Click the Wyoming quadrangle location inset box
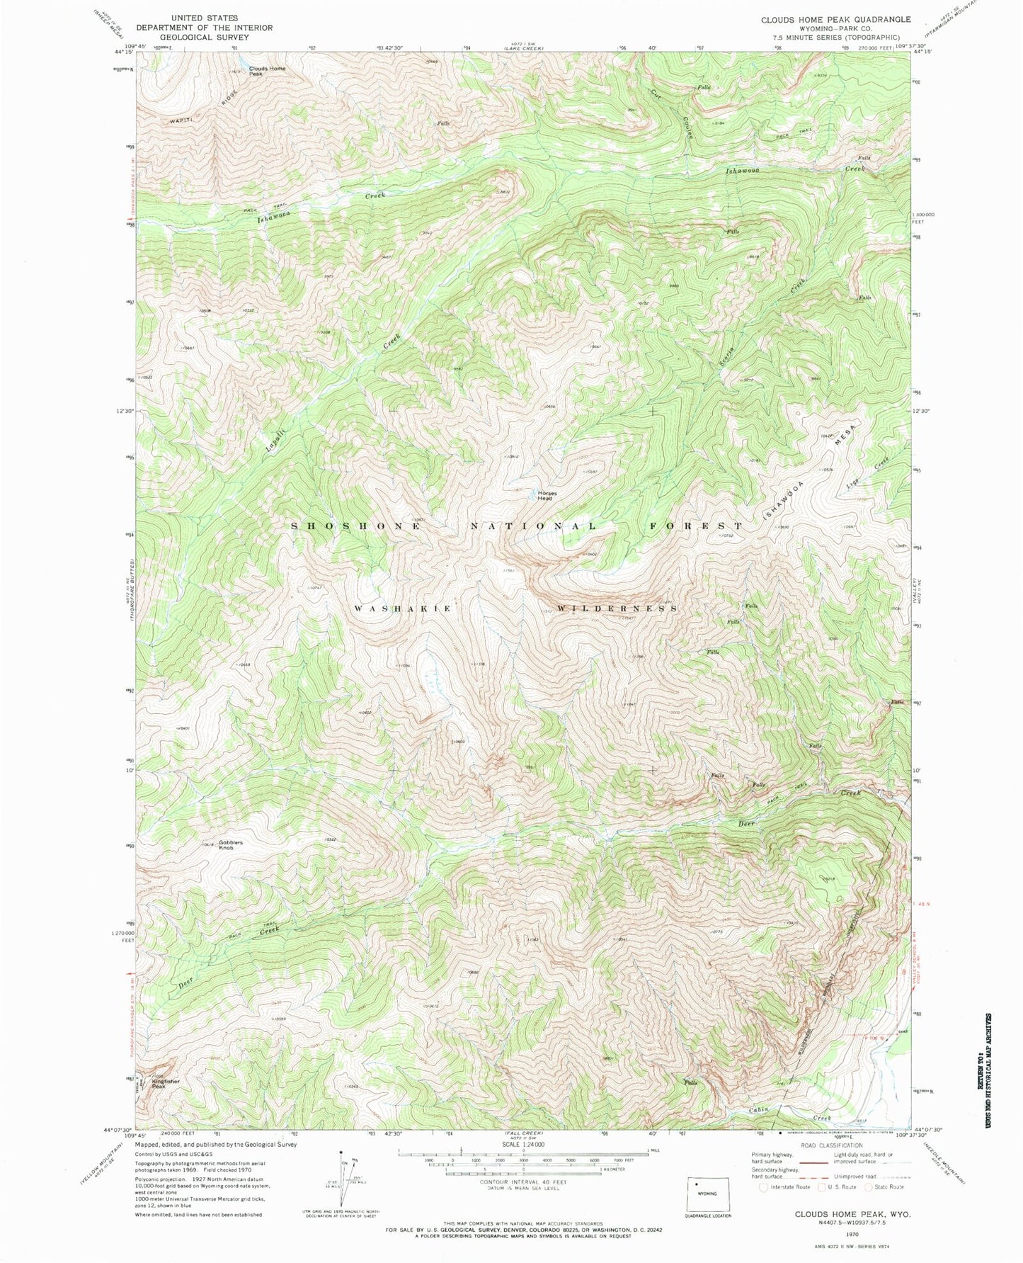pos(707,1188)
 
